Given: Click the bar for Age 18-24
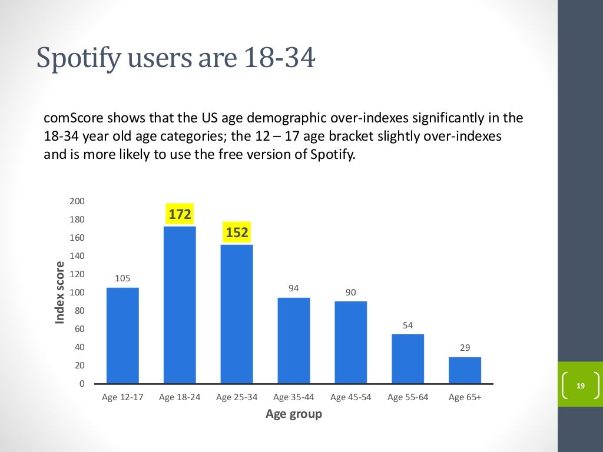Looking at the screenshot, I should (x=180, y=305).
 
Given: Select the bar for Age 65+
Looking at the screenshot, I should (x=465, y=370).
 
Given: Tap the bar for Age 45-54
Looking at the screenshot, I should (x=351, y=342).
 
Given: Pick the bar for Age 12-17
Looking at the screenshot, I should (x=122, y=335).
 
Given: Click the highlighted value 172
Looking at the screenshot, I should (x=180, y=215).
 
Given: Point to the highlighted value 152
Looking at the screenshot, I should (x=237, y=232).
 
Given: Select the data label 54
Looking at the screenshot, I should (x=407, y=325).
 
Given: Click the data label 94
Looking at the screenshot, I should (x=294, y=288).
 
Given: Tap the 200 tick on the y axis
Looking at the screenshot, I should (x=77, y=201).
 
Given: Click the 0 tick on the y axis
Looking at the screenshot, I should (x=82, y=384).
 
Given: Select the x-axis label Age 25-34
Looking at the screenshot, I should (x=237, y=397).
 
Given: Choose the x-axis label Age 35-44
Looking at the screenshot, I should (x=294, y=397).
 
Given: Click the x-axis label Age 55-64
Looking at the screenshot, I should (x=407, y=397).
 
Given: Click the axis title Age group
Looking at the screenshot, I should (x=294, y=414).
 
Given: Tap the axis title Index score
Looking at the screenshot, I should (x=59, y=293).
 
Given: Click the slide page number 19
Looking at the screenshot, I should (x=581, y=386).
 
